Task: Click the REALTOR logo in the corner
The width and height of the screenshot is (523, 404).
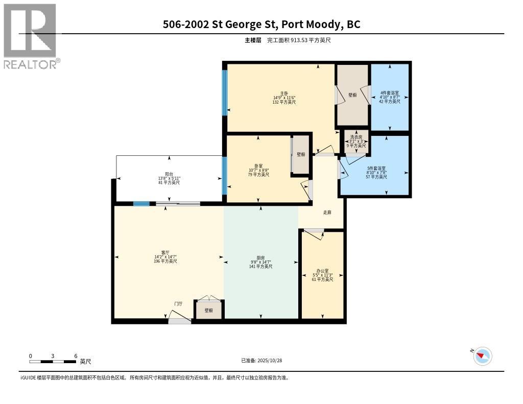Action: point(31,36)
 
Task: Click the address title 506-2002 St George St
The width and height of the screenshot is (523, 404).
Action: point(261,24)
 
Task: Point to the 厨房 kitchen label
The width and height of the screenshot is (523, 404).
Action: point(260,258)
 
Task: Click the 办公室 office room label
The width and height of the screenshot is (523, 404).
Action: point(322,271)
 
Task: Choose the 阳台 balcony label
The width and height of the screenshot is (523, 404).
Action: point(169,174)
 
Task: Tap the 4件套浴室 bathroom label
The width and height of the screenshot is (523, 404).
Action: point(390,93)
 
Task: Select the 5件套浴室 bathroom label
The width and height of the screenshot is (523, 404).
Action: point(376,168)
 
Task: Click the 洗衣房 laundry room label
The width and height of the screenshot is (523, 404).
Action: point(356,137)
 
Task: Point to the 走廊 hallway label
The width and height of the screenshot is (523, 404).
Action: point(327,212)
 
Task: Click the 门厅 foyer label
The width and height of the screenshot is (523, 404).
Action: point(178,303)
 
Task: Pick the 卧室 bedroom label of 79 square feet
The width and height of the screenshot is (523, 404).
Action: point(258,166)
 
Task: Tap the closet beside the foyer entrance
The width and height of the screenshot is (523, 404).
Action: point(209,310)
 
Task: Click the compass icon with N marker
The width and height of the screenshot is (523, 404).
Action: point(482,356)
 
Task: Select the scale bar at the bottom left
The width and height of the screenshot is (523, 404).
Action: point(53,362)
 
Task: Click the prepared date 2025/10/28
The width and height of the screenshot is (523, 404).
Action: point(261,360)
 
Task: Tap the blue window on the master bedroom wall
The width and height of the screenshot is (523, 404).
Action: point(224,92)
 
